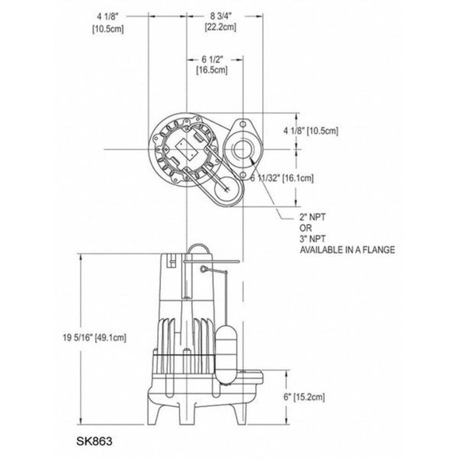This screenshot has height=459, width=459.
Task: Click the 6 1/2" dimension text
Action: [212, 58]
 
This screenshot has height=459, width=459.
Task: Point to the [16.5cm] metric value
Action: [212, 71]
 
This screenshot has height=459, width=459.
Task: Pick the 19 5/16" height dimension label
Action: [75, 338]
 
